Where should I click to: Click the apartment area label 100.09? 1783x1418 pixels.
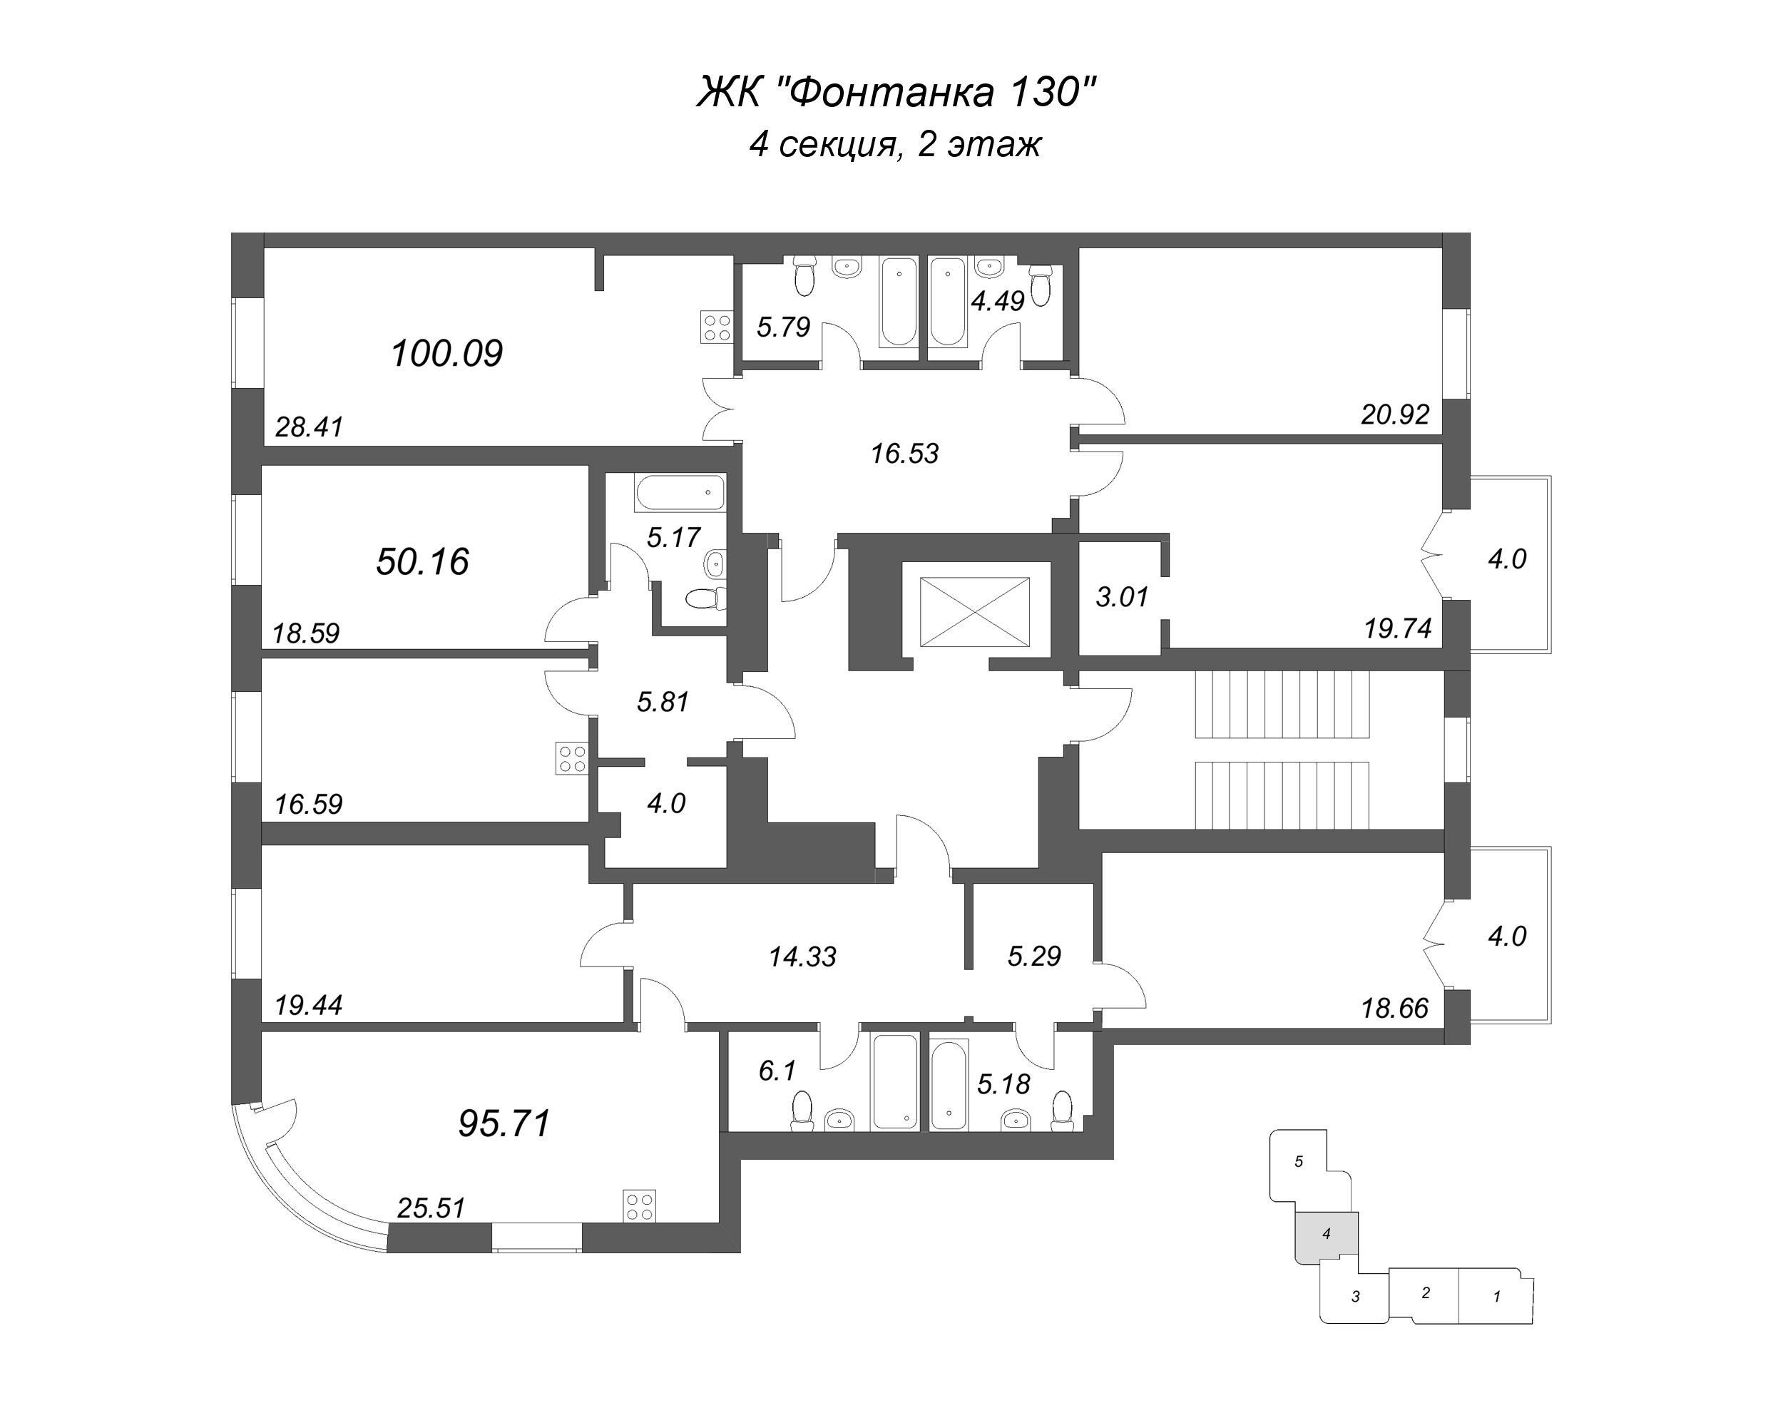446,354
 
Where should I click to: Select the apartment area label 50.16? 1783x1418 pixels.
423,562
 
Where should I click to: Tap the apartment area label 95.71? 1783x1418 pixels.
504,1123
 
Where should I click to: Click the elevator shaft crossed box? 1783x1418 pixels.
975,612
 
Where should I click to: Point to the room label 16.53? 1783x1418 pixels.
905,454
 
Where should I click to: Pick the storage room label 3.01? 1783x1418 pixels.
1123,596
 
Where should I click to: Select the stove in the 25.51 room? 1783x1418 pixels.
640,1205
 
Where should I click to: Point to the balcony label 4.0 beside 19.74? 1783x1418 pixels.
1507,559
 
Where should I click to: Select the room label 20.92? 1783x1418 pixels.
1395,414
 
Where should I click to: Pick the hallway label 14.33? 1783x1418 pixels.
802,957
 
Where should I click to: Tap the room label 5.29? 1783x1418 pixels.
1033,957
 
